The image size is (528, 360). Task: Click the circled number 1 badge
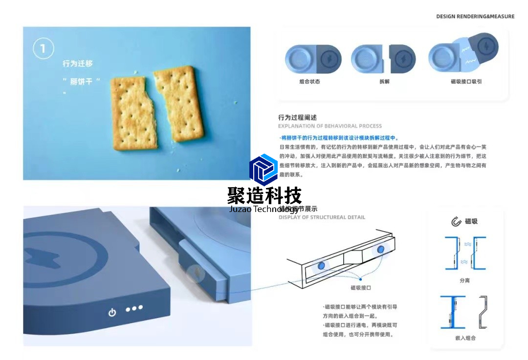point(43,48)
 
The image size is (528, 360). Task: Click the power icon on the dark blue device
point(112,312)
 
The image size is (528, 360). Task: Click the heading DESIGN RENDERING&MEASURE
point(475,17)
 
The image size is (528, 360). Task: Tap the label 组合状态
point(310,82)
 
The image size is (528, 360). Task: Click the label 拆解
point(384,82)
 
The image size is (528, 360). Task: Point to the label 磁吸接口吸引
point(466,82)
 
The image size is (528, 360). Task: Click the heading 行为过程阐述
point(297,117)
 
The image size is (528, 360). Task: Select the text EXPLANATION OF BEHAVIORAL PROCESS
point(330,126)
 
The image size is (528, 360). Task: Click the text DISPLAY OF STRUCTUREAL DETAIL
point(322,217)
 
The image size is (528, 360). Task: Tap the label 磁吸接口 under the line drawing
point(361,288)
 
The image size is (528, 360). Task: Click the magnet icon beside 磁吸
point(456,222)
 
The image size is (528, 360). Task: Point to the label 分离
point(464,280)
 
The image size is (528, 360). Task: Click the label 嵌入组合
point(465,338)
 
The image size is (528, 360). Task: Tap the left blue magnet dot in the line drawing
point(322,265)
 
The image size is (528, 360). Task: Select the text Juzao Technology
point(264,209)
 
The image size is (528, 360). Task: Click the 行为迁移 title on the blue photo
point(77,64)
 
